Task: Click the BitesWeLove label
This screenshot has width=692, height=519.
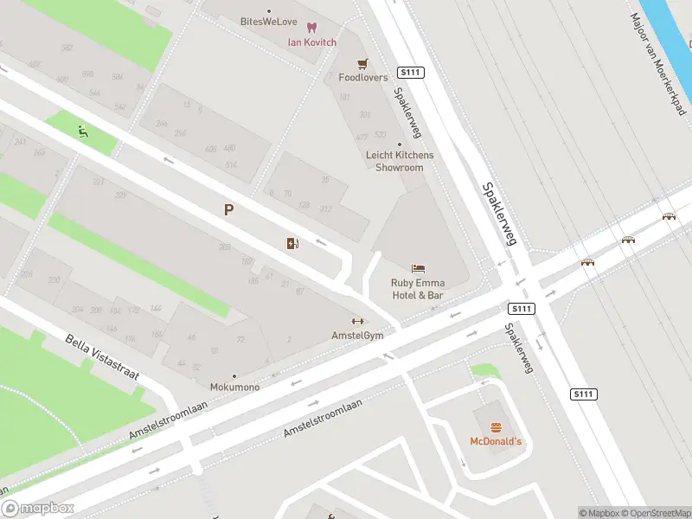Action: [x=268, y=21]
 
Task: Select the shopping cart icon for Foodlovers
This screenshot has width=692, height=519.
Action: [x=363, y=64]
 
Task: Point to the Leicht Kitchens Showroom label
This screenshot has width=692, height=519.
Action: [x=400, y=161]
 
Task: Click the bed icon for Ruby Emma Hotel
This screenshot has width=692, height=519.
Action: [x=418, y=268]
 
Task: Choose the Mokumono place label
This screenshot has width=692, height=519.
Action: [x=234, y=387]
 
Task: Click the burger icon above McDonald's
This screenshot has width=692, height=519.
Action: [x=496, y=427]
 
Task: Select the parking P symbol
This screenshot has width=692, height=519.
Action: [x=229, y=209]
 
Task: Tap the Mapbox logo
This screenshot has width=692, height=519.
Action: [x=37, y=509]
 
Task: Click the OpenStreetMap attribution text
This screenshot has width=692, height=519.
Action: [x=654, y=513]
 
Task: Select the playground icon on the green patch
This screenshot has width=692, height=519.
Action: [x=82, y=132]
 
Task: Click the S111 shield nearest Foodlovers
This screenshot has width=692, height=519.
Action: [x=411, y=73]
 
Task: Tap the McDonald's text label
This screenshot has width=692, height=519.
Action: [x=496, y=442]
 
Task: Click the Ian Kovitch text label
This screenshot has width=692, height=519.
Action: [x=312, y=42]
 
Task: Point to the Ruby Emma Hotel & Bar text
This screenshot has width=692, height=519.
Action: [x=417, y=289]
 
